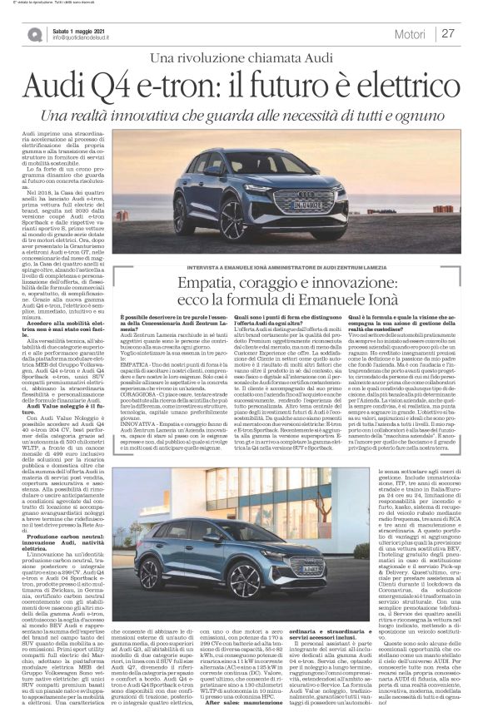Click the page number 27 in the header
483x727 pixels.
pyautogui.click(x=448, y=33)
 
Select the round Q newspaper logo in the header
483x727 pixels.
pyautogui.click(x=35, y=33)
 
